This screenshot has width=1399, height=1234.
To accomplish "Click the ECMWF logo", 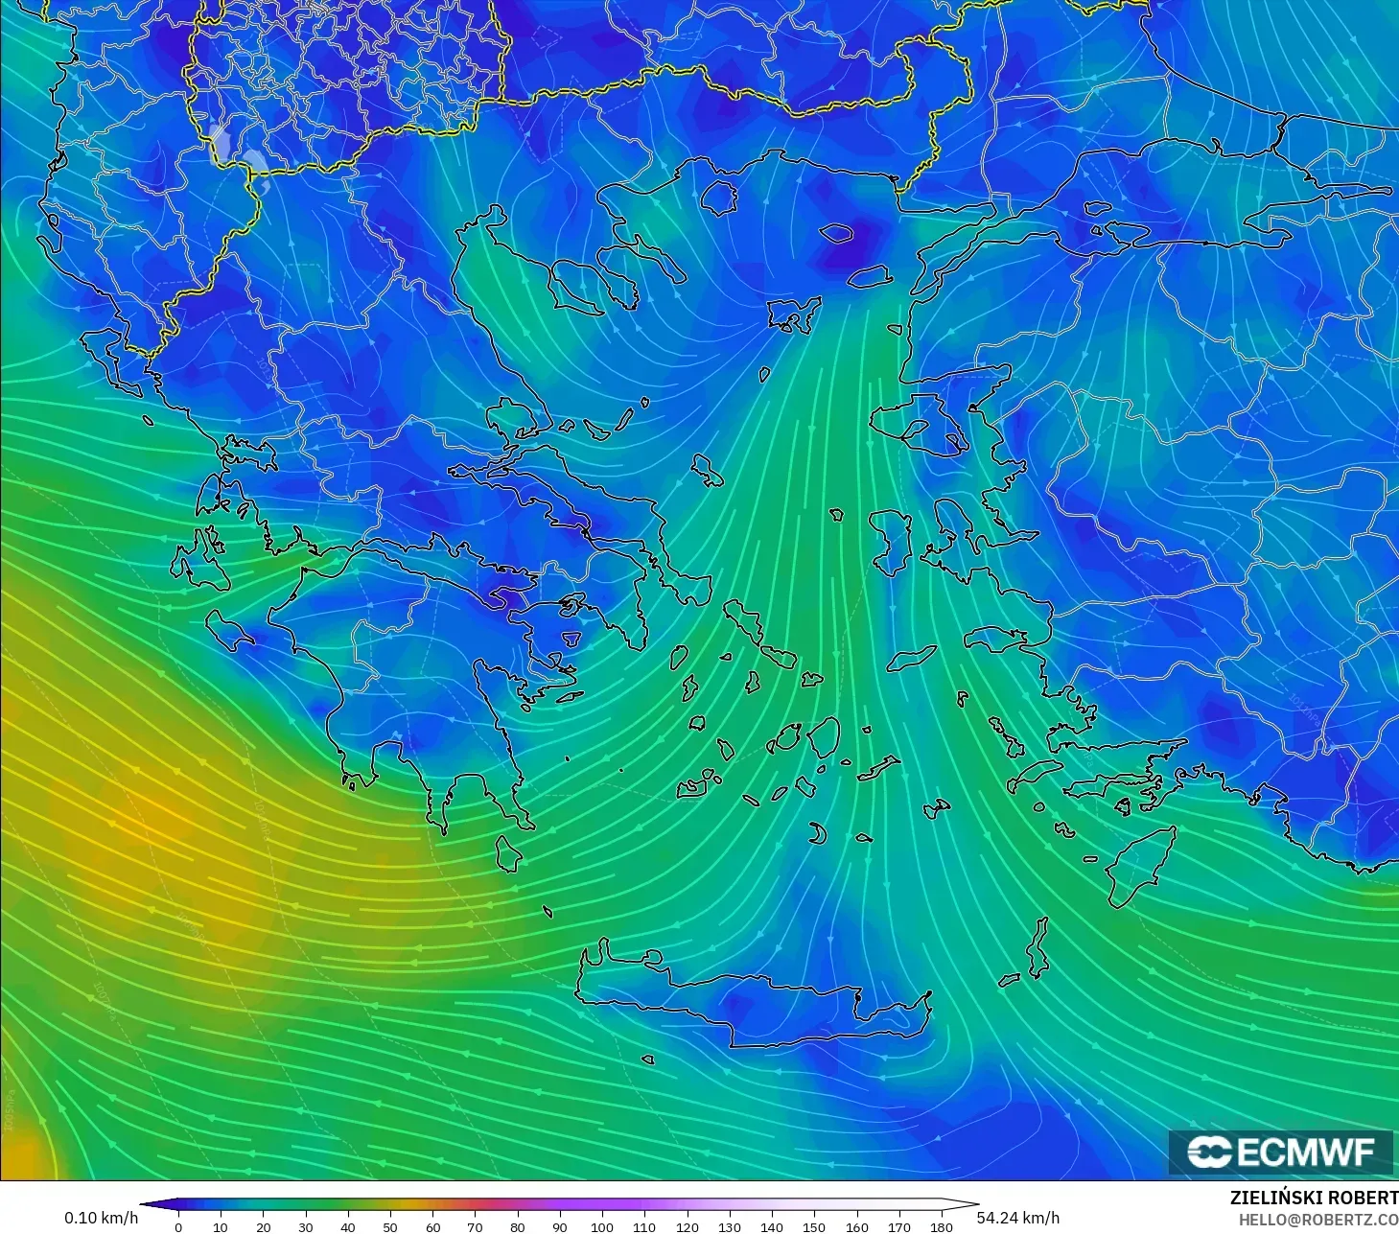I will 1281,1152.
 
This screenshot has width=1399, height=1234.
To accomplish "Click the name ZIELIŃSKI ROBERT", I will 1314,1199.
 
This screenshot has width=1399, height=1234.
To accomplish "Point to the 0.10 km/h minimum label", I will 101,1218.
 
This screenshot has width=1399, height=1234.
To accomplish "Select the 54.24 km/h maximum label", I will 1018,1218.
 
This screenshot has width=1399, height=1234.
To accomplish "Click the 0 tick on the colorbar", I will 178,1226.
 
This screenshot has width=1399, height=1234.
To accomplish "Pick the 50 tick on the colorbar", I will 390,1226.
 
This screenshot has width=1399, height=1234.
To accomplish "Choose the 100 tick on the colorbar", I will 602,1226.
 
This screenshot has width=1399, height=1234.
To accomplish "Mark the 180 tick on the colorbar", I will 942,1226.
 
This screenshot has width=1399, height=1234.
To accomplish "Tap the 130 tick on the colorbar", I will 730,1226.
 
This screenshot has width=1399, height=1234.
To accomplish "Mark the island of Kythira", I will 508,853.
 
